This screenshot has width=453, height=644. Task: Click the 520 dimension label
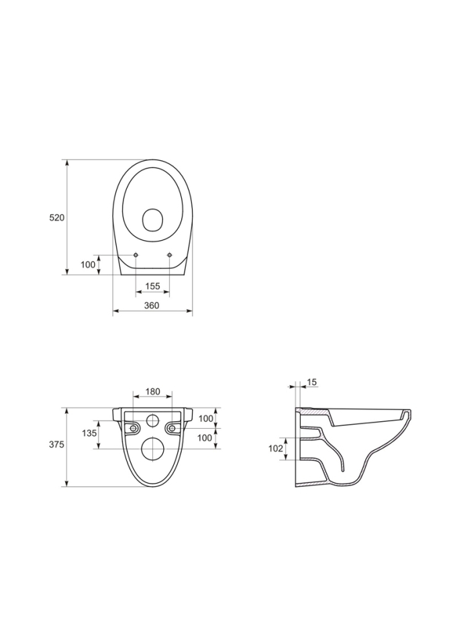(x=57, y=217)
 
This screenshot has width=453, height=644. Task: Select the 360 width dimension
(x=152, y=305)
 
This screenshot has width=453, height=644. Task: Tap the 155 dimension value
(x=152, y=286)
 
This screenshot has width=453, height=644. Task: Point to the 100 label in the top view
(x=88, y=264)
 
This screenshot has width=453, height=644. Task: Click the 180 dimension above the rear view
(x=152, y=391)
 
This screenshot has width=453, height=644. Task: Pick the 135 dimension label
(x=89, y=433)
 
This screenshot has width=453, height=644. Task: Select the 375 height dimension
(x=57, y=444)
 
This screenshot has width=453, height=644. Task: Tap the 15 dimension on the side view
(x=312, y=382)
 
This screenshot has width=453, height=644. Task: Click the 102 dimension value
(x=276, y=449)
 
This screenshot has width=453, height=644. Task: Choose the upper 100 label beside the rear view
(x=205, y=419)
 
